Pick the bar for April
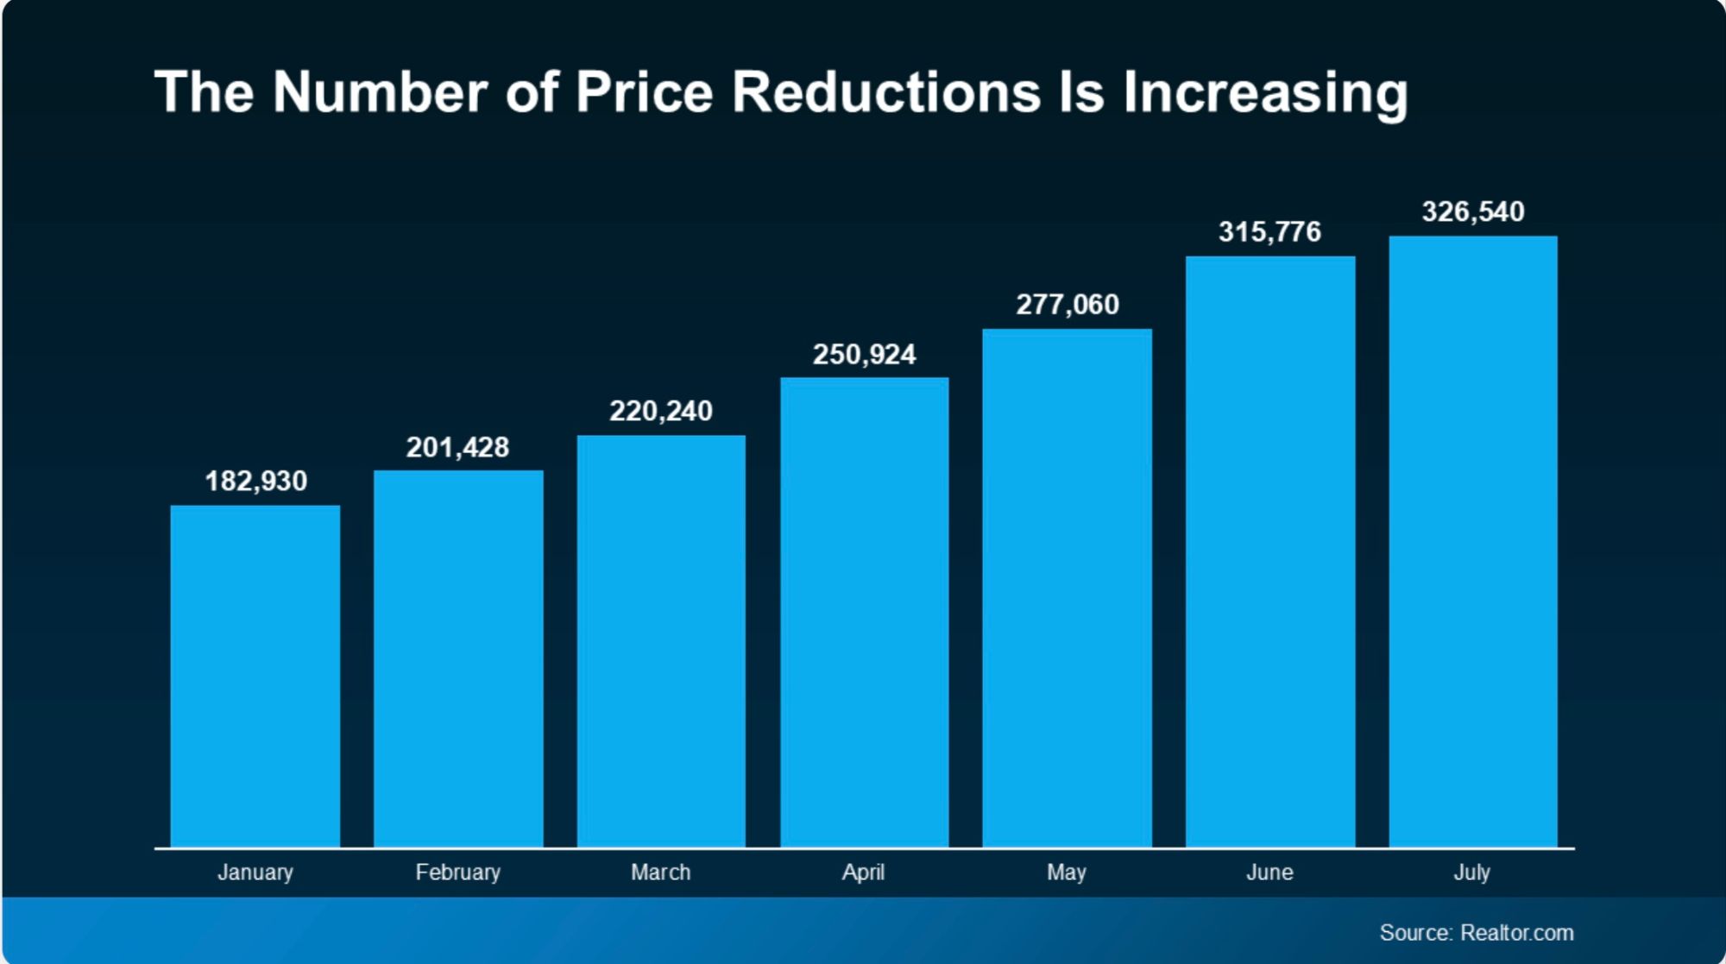(864, 612)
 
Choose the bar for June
(1270, 551)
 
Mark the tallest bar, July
(1473, 541)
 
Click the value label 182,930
(255, 481)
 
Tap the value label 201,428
(457, 447)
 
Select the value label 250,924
(864, 355)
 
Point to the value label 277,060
(1068, 305)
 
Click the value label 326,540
(1473, 211)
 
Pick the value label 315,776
(1269, 231)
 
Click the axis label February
(458, 873)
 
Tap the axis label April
(863, 873)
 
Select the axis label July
(1471, 873)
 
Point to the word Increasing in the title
(1265, 93)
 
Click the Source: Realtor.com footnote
(1476, 933)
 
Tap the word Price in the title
(644, 91)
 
